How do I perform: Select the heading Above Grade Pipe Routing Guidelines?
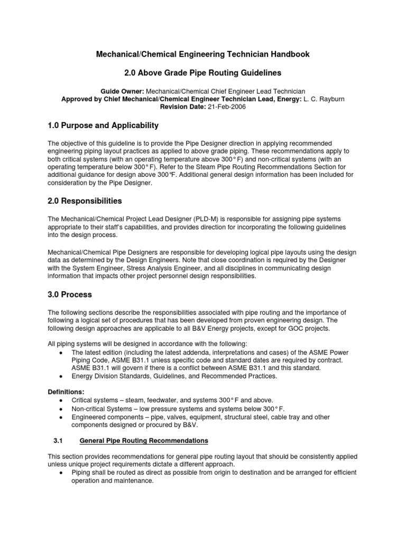211,72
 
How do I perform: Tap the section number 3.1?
59,440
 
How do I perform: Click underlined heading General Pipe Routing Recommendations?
143,440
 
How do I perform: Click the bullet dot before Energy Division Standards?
63,376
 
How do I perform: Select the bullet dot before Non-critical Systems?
63,409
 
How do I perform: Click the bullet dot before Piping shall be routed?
63,473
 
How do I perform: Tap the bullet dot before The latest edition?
63,352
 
